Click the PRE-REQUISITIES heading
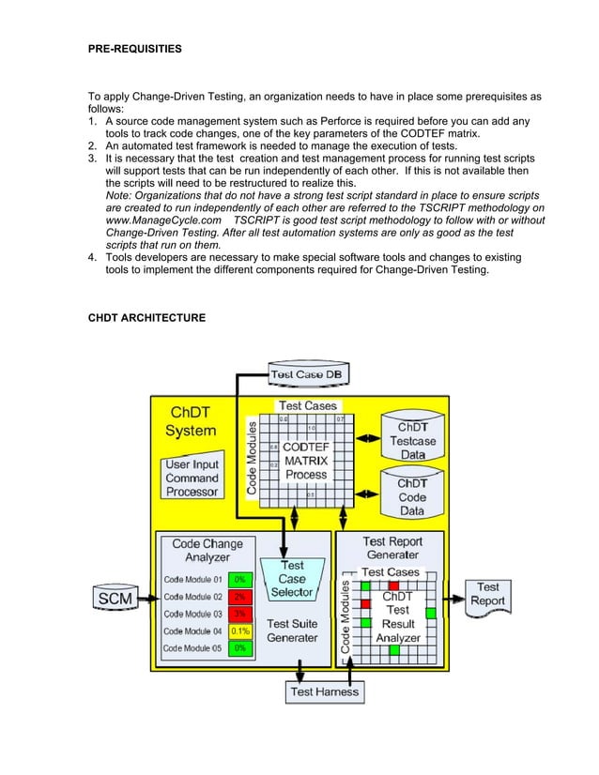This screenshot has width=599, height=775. click(x=135, y=46)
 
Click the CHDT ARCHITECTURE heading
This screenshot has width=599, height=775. click(x=146, y=319)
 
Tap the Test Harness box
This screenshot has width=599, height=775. click(x=324, y=691)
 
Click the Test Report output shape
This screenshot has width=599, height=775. click(x=487, y=594)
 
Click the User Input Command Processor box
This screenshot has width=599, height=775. click(x=192, y=478)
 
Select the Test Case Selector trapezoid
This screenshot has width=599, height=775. click(x=292, y=578)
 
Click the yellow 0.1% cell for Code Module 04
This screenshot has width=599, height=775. click(x=240, y=631)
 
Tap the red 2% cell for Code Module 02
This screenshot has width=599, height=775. click(x=240, y=597)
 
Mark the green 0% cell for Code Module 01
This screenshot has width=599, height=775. click(x=240, y=579)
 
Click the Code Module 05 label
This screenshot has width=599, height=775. click(x=193, y=648)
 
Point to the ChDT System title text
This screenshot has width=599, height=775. click(x=191, y=422)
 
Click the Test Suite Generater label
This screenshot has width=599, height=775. click(x=292, y=631)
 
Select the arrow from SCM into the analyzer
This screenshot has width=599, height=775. click(x=146, y=596)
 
